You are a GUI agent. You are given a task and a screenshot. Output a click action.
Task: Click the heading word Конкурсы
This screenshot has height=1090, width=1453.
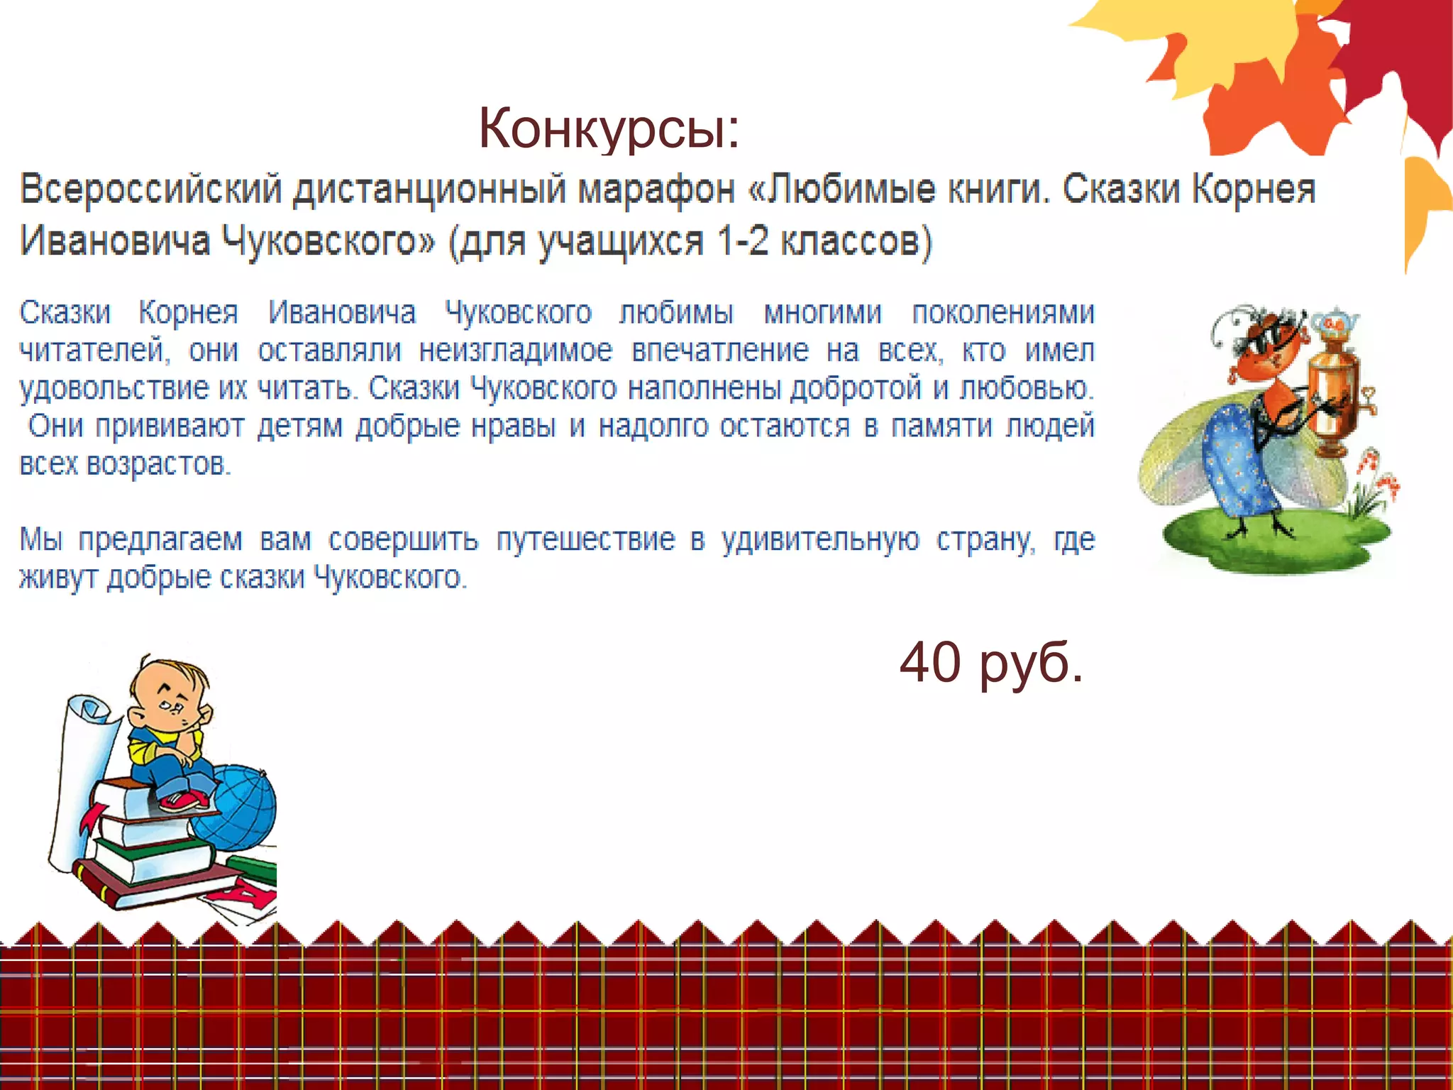coord(609,129)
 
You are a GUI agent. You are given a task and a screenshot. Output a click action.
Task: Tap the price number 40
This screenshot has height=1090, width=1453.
coord(932,661)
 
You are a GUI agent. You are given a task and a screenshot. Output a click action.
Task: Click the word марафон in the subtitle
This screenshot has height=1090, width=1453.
coord(656,189)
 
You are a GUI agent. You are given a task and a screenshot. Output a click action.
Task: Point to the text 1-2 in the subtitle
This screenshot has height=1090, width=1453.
coord(742,241)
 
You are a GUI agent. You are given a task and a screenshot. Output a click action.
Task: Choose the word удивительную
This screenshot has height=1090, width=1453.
coord(820,539)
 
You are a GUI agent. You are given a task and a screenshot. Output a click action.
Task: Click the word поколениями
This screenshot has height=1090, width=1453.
coord(1002,313)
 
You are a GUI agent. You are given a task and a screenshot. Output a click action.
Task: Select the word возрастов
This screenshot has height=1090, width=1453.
coord(158,464)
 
